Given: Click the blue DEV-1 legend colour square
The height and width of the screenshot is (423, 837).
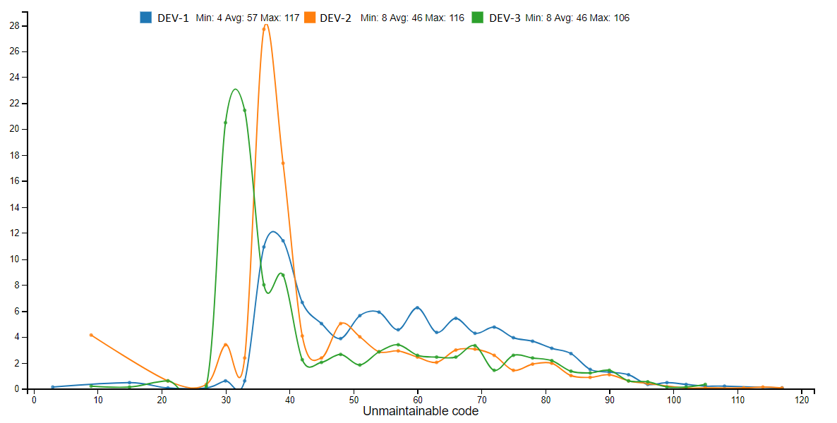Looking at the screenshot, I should (x=146, y=18).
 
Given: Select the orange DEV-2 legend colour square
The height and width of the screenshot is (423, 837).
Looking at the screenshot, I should (x=310, y=18).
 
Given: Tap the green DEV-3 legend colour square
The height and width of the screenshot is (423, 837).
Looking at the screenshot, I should (x=478, y=18).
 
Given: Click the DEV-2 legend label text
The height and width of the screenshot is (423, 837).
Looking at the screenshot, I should (x=335, y=18).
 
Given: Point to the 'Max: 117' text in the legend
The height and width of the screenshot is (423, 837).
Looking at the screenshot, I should (x=282, y=18).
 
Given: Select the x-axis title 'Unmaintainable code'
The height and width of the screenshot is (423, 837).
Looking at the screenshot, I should (x=420, y=411).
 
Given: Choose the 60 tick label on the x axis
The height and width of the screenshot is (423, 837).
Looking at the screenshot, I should (x=418, y=400).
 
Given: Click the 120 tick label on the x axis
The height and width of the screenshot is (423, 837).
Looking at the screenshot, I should (x=802, y=400).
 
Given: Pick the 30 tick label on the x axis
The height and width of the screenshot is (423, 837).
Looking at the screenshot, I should (x=226, y=400).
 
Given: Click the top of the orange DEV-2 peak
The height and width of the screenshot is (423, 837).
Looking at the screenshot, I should (x=265, y=25).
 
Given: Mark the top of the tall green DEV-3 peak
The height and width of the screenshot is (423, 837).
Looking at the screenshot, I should (x=235, y=89).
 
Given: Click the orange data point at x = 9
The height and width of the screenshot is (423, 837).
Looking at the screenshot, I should (x=91, y=335).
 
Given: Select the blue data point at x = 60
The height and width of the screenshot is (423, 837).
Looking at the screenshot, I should (x=418, y=308).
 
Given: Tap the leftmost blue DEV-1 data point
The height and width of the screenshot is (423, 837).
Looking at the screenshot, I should (x=53, y=387).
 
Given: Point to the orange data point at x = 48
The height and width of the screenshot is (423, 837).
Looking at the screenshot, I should (x=341, y=324).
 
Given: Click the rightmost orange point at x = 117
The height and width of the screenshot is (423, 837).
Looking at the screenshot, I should (x=782, y=388).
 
